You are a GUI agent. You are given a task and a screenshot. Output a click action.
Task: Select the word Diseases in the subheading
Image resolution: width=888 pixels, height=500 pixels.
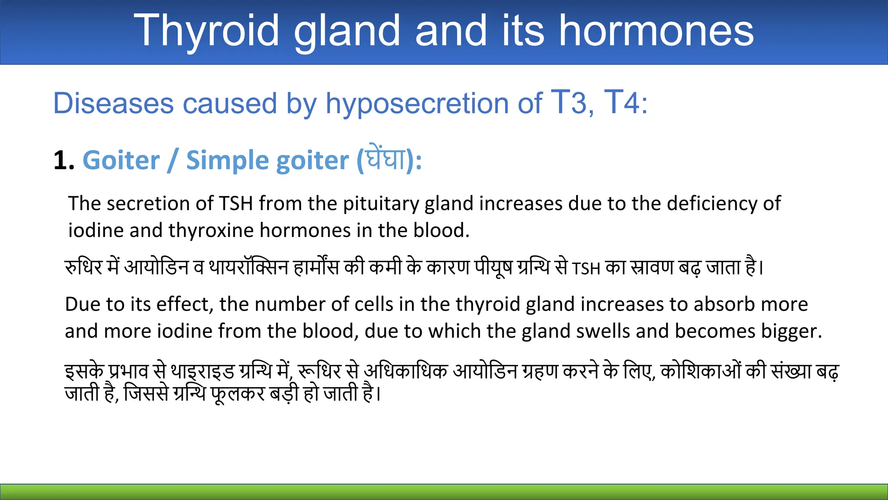113,104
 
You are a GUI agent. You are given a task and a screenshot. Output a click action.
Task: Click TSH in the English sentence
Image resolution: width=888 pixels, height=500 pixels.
236,204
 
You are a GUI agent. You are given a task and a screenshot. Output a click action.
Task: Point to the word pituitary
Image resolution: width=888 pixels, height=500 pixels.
381,204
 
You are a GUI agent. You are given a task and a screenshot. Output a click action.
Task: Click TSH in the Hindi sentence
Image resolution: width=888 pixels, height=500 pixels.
586,269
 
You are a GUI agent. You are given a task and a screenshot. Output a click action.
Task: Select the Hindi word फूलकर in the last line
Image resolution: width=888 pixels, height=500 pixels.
238,394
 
